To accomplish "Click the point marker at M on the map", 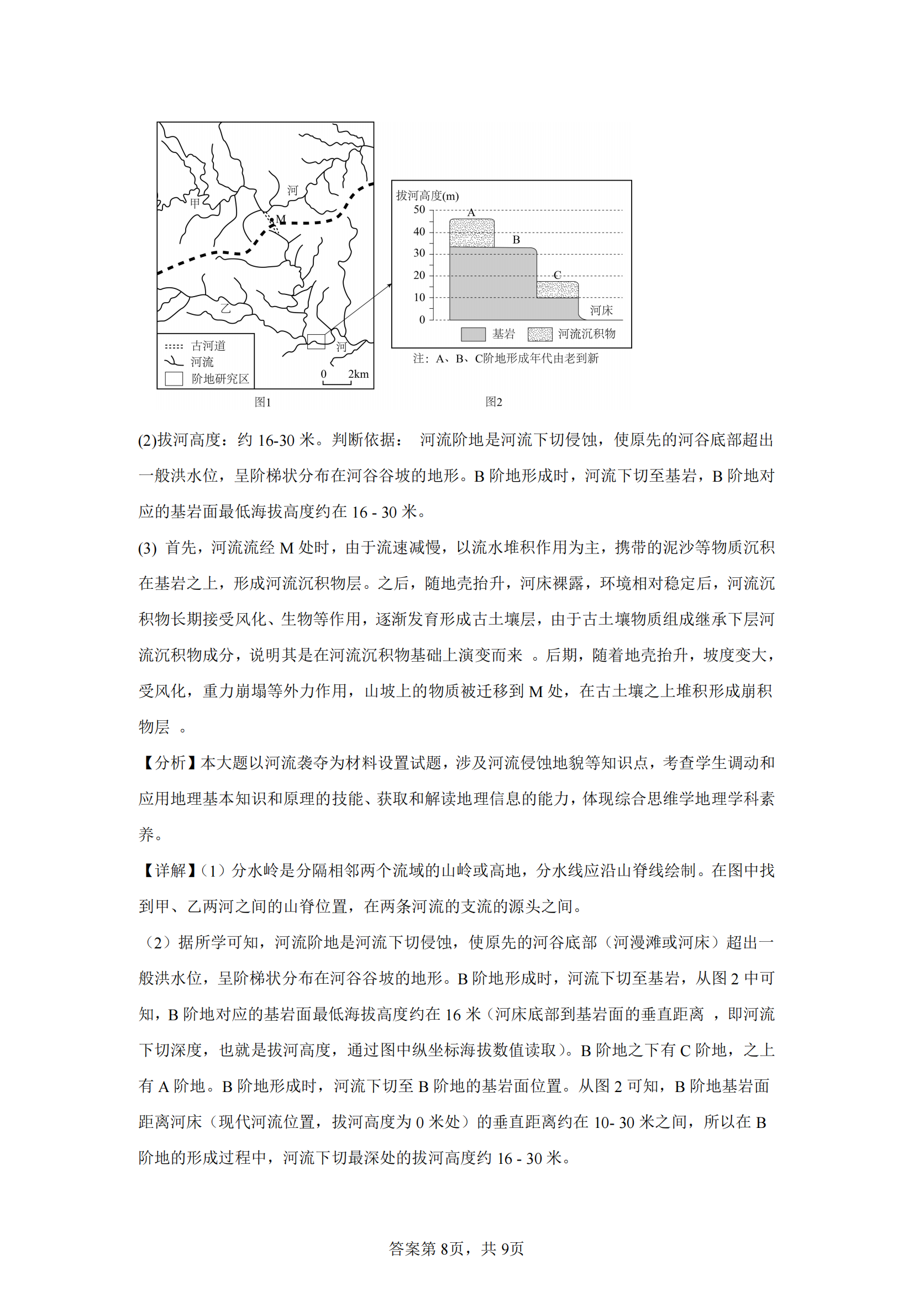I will click(272, 220).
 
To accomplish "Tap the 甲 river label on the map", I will click(195, 203).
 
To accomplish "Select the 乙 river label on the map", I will click(225, 308).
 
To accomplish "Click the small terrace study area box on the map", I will click(316, 341).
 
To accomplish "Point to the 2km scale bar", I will click(337, 383).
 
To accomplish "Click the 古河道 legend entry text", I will click(208, 345).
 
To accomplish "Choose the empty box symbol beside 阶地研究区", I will click(174, 379).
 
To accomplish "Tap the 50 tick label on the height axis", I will click(419, 210).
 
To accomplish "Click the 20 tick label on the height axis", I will click(419, 276).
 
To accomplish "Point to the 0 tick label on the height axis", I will click(422, 320).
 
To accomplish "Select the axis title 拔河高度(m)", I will click(427, 196).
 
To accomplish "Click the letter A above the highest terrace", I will click(471, 213).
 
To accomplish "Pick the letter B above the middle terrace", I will click(516, 240).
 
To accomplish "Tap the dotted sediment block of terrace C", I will click(557, 290).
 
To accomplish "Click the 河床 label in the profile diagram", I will click(601, 310).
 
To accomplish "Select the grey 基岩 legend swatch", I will click(473, 334).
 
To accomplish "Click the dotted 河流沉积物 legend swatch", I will click(540, 334).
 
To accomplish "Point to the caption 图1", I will click(263, 402).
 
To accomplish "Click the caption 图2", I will click(493, 402).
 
